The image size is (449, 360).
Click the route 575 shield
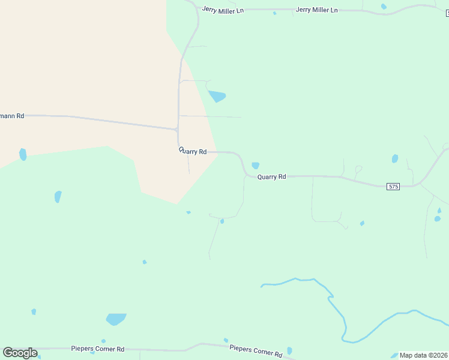pos(393,187)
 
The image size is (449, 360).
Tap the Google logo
pos(20,353)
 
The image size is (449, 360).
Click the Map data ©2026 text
pos(423,355)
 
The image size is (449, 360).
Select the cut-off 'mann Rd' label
pos(12,116)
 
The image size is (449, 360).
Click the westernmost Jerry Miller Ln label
pos(223,10)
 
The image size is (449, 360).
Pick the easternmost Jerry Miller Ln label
pos(317,10)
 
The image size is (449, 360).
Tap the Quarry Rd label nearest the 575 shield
pos(272,177)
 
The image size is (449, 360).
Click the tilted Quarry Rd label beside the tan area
pos(193,152)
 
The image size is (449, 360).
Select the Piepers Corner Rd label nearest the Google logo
pos(97,349)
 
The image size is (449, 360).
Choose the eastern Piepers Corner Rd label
pos(256,351)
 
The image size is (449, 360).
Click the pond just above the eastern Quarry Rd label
pos(255,166)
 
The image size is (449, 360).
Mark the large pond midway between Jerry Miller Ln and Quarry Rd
pos(217,96)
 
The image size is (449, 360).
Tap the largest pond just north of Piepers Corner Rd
pos(116,319)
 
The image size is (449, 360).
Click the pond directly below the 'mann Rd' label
pos(23,154)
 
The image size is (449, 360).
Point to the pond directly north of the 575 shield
pos(395,159)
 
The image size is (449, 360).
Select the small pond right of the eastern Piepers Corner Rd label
pos(289,350)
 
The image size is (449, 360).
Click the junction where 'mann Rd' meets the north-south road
pos(177,128)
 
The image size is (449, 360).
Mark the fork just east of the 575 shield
pos(415,185)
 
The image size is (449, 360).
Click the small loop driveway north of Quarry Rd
pos(358,170)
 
